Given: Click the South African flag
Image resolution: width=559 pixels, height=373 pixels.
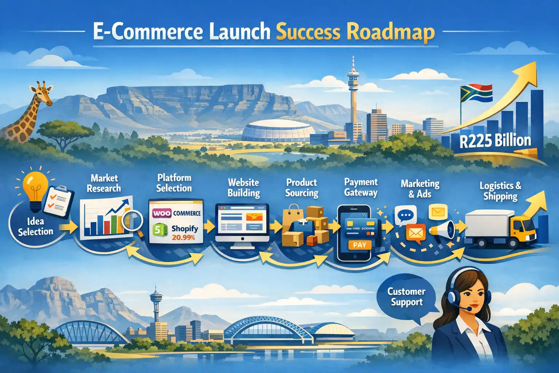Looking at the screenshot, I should click(476, 93).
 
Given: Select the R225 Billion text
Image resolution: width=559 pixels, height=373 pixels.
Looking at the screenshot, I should click(495, 141).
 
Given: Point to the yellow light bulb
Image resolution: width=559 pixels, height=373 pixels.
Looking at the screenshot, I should click(35, 186).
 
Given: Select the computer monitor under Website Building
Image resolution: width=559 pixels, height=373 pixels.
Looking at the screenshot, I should click(242, 222).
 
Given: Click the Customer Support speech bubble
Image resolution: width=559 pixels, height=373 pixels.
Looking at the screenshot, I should click(406, 297).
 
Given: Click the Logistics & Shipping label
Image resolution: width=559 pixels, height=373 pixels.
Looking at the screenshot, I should click(500, 191).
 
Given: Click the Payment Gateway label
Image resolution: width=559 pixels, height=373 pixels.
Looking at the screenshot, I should click(361, 187).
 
